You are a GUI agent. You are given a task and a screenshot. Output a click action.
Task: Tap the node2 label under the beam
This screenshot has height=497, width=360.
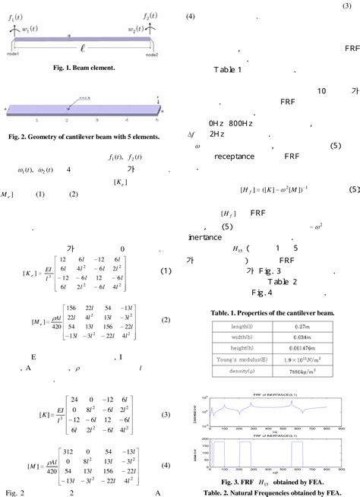151,55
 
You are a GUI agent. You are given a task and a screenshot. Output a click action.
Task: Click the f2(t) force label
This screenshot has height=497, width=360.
149,15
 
